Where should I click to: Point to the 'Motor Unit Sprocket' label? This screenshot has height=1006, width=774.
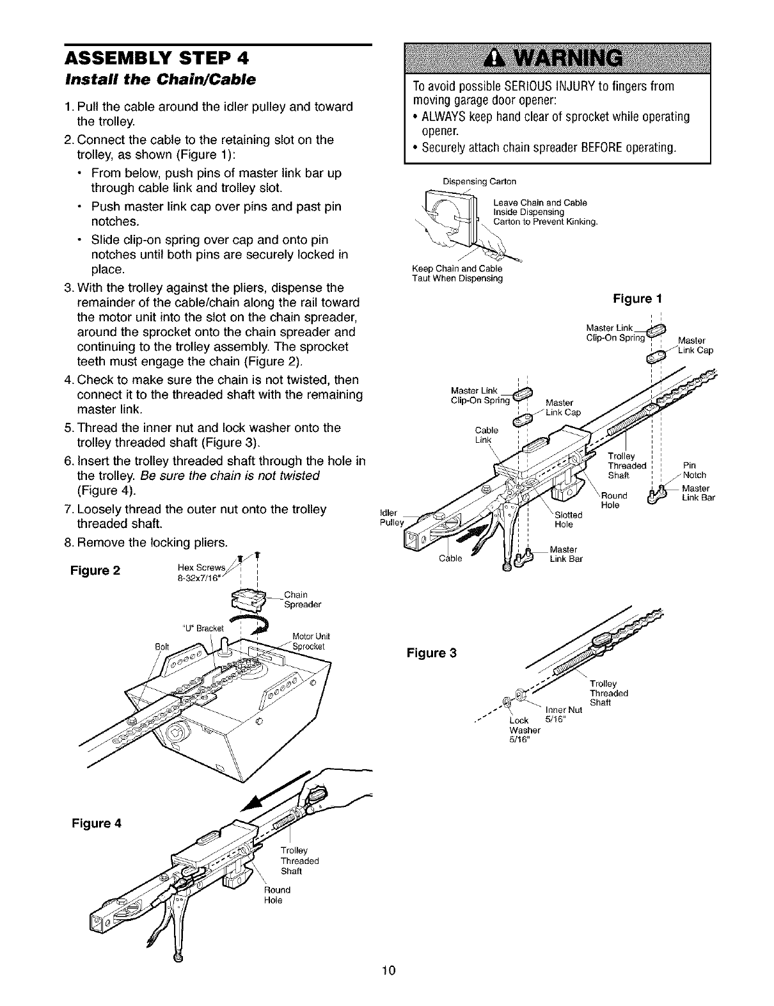click(x=310, y=641)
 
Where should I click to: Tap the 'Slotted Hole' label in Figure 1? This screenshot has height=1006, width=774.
click(x=568, y=519)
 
